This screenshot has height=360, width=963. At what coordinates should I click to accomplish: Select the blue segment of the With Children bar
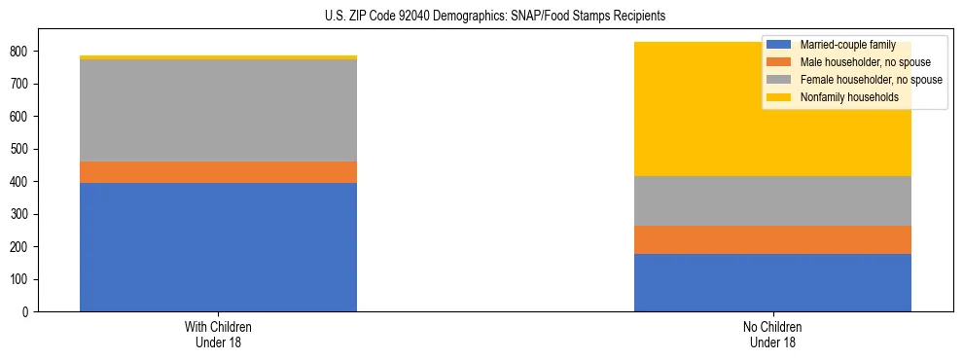point(218,247)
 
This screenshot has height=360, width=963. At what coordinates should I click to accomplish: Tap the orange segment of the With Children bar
point(218,172)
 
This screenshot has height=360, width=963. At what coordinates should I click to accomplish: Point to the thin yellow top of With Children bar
point(218,57)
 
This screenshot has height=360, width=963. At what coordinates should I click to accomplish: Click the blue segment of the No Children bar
point(772,282)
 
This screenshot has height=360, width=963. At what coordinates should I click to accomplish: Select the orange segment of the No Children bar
point(772,239)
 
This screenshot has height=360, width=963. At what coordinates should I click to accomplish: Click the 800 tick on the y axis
point(26,51)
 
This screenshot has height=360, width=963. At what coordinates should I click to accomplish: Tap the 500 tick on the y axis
point(26,149)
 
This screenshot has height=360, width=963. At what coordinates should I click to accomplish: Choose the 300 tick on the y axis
point(26,214)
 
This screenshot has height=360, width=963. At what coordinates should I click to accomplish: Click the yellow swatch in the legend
point(779,97)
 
